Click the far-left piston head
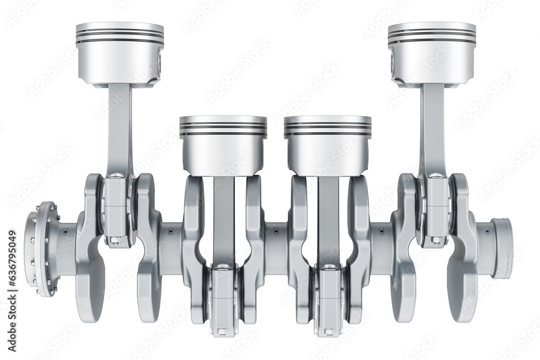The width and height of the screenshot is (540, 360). pos(119,51)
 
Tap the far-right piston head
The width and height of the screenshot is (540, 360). pos(431,51)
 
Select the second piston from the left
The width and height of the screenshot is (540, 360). pos(223,145)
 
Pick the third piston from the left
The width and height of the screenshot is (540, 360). pos(328,145)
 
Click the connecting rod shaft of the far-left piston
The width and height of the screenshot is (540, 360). pos(119,130)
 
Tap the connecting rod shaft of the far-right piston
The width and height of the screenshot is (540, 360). pos(433,130)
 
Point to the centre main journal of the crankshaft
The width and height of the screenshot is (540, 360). pos(276,243)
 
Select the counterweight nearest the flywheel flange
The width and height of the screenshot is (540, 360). pos(90,281)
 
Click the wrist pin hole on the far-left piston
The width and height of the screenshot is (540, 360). pos(160,62)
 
